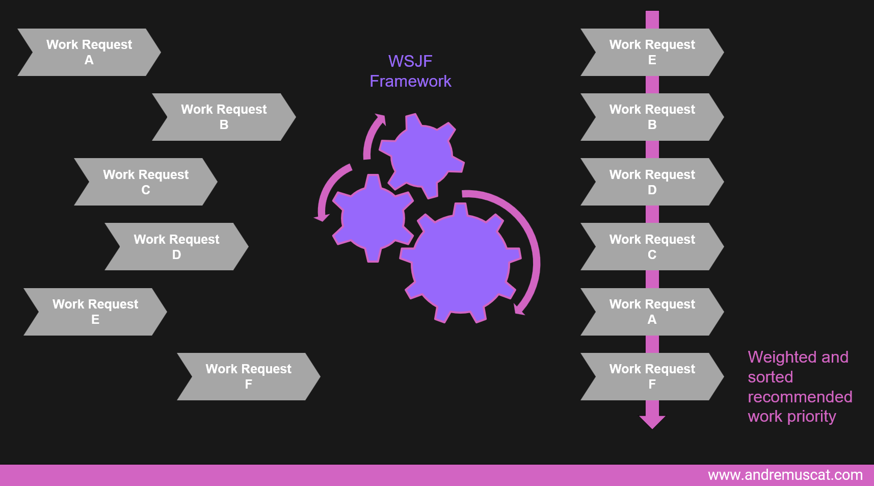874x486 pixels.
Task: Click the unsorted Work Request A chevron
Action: click(89, 52)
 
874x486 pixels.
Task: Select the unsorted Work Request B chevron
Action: click(224, 117)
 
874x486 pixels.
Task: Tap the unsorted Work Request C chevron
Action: click(146, 182)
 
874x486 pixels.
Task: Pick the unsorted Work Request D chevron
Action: click(176, 246)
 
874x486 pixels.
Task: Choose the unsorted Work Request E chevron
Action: click(95, 312)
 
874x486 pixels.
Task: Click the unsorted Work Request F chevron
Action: click(248, 376)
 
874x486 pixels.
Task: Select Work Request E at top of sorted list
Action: click(652, 52)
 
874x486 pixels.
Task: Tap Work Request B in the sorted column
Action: click(652, 117)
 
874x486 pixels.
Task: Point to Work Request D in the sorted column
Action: click(652, 182)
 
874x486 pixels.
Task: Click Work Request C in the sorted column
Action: click(652, 246)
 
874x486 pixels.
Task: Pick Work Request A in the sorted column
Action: click(652, 312)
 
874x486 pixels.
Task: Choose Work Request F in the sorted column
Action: click(652, 376)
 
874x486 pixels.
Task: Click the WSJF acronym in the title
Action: click(410, 61)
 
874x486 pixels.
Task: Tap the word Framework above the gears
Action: click(410, 81)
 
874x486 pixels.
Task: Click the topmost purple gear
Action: click(421, 156)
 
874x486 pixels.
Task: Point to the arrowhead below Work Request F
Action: click(652, 421)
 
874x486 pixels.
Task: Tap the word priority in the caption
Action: click(811, 417)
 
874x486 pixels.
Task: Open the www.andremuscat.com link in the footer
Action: click(785, 475)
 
